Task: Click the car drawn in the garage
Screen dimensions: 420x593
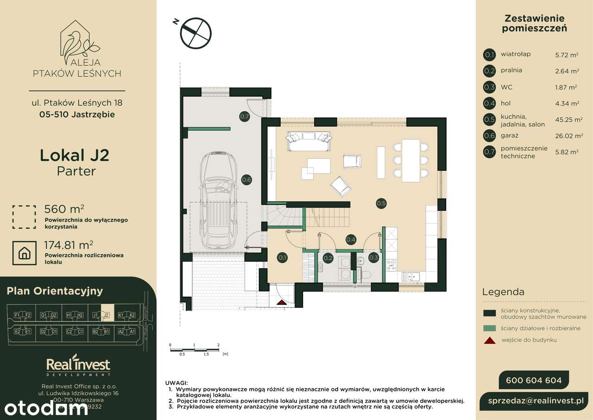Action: coord(218,200)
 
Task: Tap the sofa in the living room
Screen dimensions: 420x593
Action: coord(309,141)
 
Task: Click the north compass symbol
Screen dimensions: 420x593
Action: coord(196,32)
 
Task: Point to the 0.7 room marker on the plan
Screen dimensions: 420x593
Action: coord(245,117)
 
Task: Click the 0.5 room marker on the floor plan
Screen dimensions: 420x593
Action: coord(381,203)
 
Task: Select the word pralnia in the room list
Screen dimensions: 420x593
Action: coord(511,71)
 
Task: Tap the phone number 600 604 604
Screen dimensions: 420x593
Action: coord(534,381)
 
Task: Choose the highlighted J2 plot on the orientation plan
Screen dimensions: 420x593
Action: coord(107,316)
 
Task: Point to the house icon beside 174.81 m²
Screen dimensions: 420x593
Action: coord(25,253)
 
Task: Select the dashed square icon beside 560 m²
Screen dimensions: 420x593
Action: coord(24,217)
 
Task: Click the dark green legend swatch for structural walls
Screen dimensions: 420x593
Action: coord(489,314)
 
